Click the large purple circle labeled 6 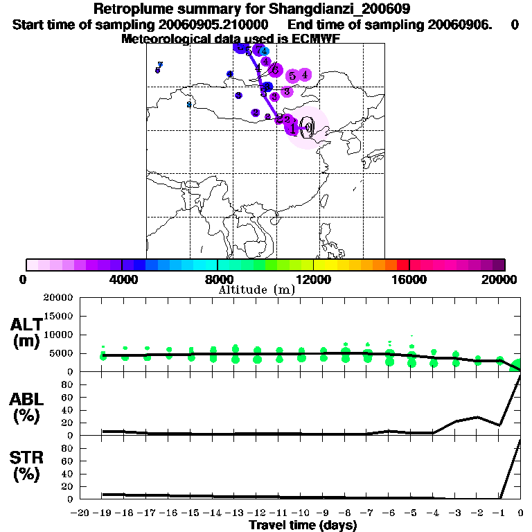(275, 70)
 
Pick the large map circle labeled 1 (294, 128)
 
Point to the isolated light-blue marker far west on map (188, 105)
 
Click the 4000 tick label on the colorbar (121, 279)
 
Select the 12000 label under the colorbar (313, 279)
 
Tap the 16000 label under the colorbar (409, 279)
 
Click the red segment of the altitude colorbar (402, 265)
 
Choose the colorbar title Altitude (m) (256, 290)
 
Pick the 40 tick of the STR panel (67, 474)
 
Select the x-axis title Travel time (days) (303, 526)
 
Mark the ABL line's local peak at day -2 (477, 417)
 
